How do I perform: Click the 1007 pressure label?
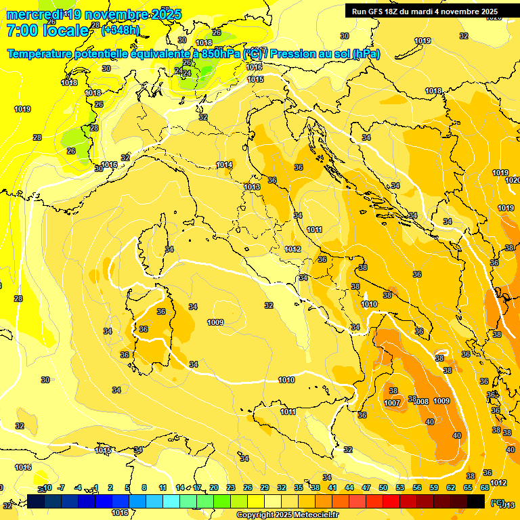coord(392,403)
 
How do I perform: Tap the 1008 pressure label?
coord(421,402)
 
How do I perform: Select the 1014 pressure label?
coord(224,165)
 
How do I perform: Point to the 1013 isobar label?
coord(252,187)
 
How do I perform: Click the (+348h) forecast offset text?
coord(120,30)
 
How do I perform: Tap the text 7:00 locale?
coord(47,30)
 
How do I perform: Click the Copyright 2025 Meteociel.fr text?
coord(287,515)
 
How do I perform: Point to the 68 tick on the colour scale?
coord(485,487)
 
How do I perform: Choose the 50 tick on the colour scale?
coord(383,487)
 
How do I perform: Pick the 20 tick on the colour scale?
coord(214,487)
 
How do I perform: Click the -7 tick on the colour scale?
coord(61,487)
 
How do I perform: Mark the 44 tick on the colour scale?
coord(349,487)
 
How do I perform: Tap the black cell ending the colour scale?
coord(476,501)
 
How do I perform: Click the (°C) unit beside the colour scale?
coord(498,502)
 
